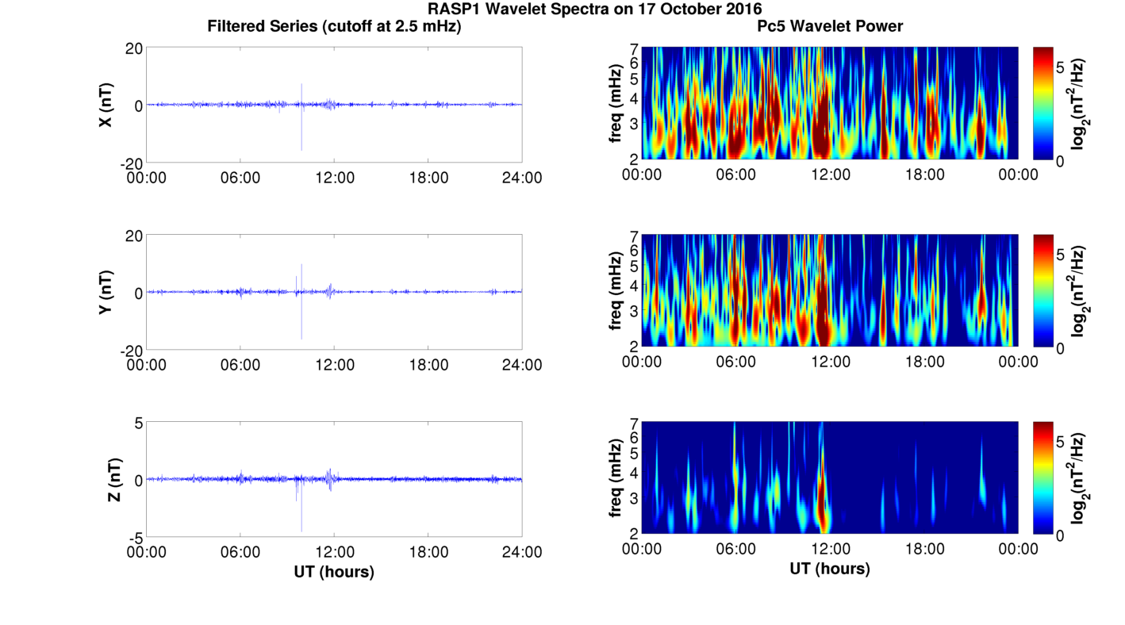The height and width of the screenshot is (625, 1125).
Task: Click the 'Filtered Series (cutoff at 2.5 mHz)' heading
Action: tap(334, 26)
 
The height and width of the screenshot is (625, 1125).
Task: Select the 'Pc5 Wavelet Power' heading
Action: tap(830, 26)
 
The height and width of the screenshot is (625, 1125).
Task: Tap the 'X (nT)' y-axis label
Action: tap(106, 105)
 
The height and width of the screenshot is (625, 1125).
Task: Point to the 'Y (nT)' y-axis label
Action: tap(106, 292)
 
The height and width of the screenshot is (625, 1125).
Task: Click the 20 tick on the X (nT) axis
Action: tap(133, 49)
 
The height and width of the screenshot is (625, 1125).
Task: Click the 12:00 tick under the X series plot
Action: tap(334, 178)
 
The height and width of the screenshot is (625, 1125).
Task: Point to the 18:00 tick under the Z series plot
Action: tap(428, 552)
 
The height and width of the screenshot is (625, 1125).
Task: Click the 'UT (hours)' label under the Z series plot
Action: tap(334, 571)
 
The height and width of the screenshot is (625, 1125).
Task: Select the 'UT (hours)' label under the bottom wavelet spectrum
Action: tap(830, 569)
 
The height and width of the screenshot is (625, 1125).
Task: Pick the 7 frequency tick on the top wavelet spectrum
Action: tap(634, 49)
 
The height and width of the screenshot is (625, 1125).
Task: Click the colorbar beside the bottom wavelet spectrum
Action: tap(1043, 478)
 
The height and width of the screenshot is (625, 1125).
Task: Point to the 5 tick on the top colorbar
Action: tap(1061, 67)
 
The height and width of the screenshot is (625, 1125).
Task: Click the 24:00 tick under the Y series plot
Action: tap(522, 365)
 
